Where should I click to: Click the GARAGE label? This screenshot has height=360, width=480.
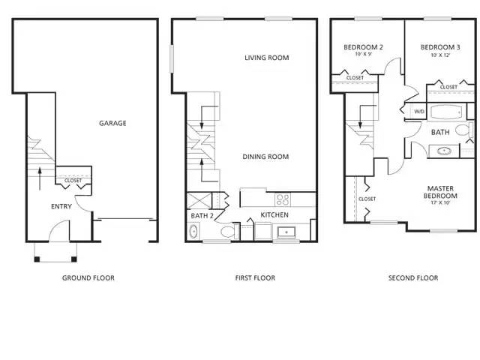113,124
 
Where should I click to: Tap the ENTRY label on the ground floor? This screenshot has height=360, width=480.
61,206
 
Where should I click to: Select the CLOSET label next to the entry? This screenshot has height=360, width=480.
73,181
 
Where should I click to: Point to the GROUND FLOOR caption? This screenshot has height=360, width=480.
88,278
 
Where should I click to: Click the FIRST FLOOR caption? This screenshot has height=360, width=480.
255,278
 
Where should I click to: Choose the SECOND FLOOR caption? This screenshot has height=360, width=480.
413,278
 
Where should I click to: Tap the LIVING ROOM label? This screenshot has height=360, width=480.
267,58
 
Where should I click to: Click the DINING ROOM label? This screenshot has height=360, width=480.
266,157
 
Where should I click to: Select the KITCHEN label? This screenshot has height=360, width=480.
274,215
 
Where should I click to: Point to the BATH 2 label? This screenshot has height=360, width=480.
201,216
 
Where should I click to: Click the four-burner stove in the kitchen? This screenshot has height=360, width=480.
283,199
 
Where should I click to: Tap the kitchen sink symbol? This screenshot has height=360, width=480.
286,232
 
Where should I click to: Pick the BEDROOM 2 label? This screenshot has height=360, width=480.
364,47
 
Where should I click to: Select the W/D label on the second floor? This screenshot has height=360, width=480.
418,112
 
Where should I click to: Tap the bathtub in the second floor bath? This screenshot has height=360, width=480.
446,112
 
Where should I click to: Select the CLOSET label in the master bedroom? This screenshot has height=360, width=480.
367,199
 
